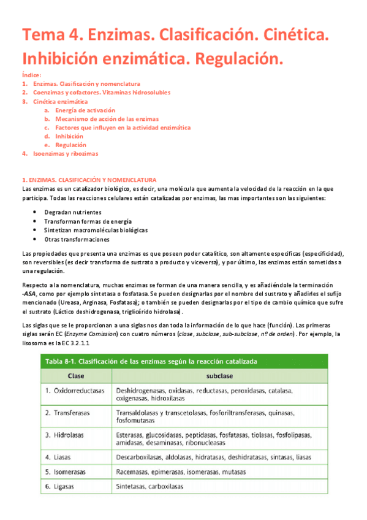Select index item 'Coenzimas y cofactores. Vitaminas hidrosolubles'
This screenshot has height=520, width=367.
[102, 93]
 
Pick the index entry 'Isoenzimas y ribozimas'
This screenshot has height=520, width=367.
[66, 154]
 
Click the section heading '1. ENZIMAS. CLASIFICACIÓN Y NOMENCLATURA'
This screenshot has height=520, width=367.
[89, 180]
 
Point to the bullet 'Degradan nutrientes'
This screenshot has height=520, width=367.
[73, 212]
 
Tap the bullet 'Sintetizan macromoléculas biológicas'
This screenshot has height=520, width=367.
[96, 230]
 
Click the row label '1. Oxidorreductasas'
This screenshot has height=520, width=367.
[75, 390]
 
